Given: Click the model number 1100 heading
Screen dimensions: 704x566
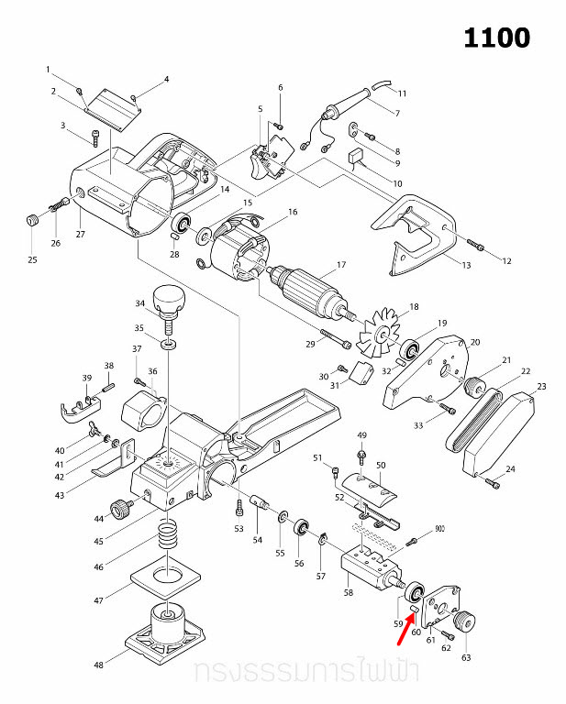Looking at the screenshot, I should (495, 38).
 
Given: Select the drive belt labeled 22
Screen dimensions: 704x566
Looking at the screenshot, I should (472, 417).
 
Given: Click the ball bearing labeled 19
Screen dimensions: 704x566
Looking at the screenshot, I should (410, 349).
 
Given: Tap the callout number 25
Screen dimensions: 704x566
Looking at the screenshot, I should (32, 259).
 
